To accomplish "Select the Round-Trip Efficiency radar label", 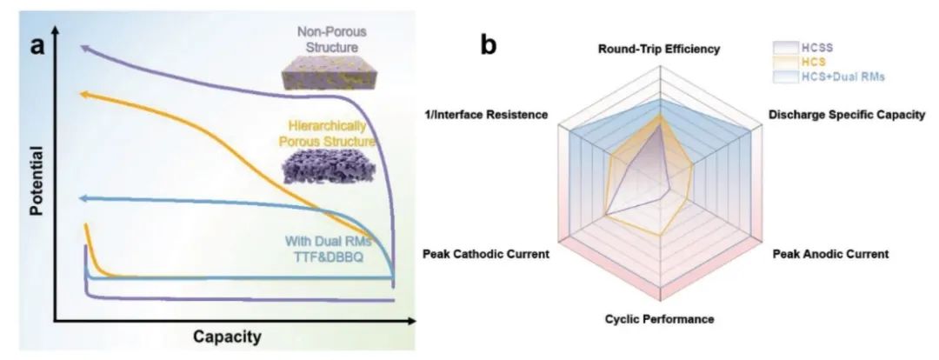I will click(658, 50).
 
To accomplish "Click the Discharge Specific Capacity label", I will click(846, 114).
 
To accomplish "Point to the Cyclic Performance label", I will click(659, 319).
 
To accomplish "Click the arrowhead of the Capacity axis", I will click(409, 322).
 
